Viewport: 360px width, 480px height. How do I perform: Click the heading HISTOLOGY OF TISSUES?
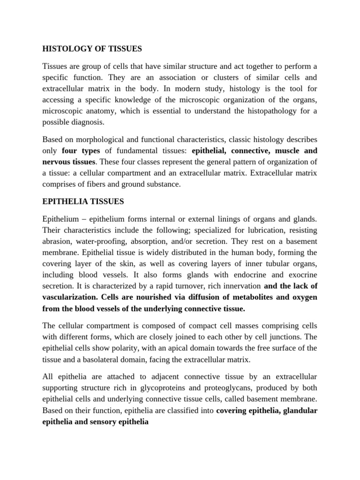92,48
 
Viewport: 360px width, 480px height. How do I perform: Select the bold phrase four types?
81,151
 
